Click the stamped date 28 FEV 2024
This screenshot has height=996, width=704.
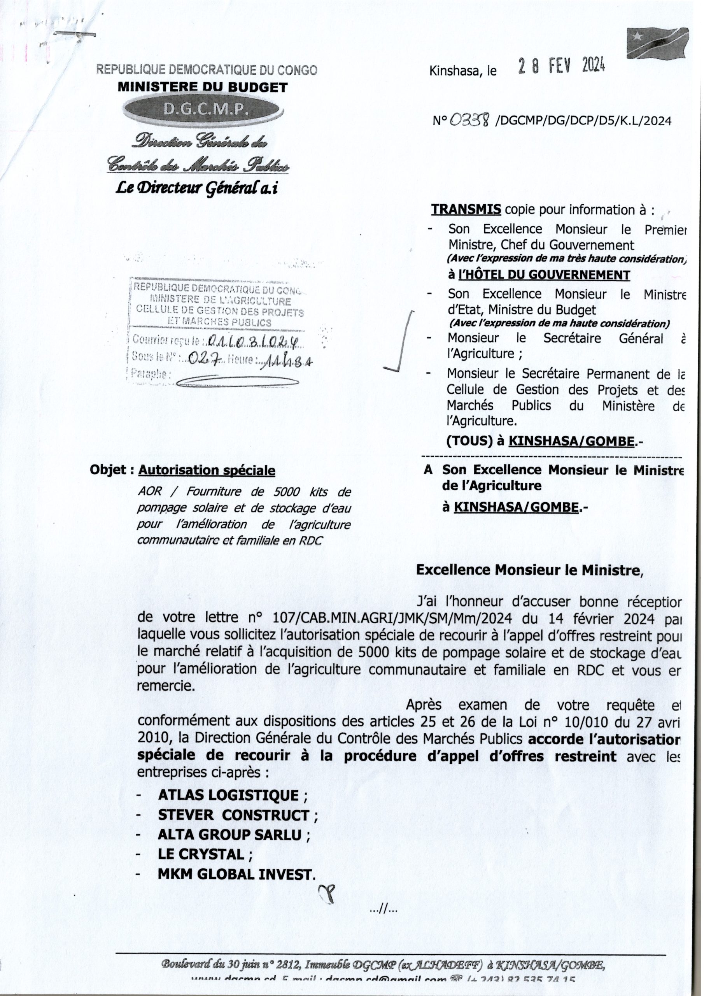562,67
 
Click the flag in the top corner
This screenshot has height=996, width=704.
658,43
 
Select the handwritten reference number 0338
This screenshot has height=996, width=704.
470,120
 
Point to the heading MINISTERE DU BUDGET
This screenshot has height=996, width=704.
203,87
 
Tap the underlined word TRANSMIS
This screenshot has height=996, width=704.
466,210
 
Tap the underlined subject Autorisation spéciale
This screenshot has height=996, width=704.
207,471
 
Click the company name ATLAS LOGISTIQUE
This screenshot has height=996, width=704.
228,796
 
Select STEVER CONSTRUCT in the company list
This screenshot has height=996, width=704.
233,815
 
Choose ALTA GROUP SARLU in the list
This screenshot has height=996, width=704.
229,835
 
